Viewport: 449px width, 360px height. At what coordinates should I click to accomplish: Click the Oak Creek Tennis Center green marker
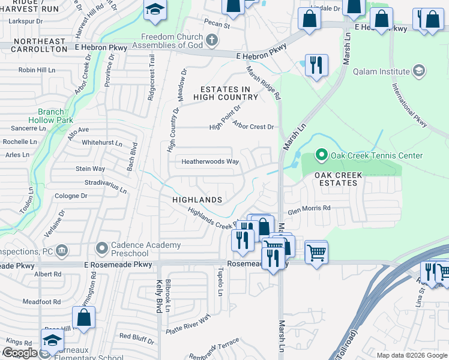click(x=321, y=155)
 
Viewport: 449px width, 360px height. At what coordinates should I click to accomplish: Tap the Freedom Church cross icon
click(x=211, y=41)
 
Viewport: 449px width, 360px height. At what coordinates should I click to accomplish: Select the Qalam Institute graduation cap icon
click(x=419, y=72)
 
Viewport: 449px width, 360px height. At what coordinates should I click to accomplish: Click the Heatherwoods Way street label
click(x=210, y=161)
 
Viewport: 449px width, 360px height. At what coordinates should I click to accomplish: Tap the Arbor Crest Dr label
click(x=253, y=127)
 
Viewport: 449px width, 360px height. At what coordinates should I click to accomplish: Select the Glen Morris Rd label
click(x=309, y=208)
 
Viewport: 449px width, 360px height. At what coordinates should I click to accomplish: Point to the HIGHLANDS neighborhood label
click(x=197, y=199)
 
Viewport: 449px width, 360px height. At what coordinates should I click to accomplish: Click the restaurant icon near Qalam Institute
click(x=316, y=64)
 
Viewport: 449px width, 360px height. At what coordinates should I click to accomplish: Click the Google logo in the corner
click(x=19, y=353)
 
